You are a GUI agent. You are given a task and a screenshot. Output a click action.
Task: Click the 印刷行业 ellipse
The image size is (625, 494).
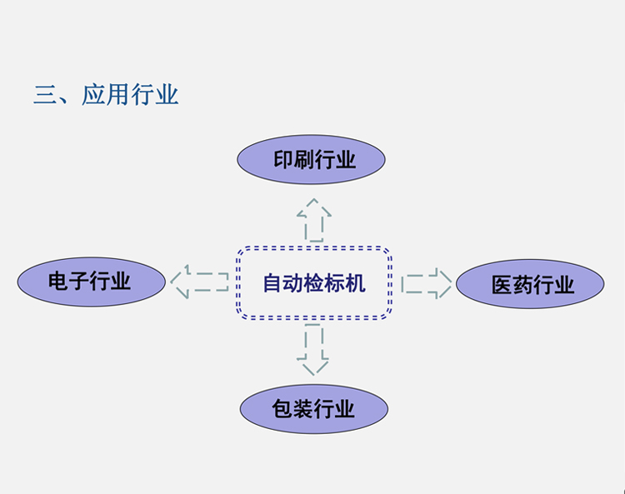click(x=311, y=160)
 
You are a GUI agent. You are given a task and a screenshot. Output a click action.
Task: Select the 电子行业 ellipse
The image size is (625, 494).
click(x=91, y=280)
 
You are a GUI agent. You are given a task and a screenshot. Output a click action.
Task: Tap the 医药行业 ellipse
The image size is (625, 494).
click(x=530, y=284)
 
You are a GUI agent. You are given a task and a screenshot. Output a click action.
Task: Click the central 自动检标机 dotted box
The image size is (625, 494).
click(x=313, y=283)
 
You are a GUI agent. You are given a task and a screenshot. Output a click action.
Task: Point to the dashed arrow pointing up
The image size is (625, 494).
click(x=313, y=218)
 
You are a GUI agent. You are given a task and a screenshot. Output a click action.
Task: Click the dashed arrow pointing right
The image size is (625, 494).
click(x=426, y=283)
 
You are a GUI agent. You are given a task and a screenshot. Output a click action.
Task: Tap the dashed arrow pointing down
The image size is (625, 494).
click(x=312, y=348)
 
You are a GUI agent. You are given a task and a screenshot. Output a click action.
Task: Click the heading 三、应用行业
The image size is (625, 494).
click(x=106, y=94)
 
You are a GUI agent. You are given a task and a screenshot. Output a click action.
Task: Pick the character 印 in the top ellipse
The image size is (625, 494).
click(x=283, y=160)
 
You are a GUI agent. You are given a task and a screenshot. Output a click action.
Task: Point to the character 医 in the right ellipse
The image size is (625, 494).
click(x=502, y=286)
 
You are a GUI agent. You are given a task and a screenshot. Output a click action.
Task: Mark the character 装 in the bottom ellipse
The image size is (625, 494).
click(x=302, y=408)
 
